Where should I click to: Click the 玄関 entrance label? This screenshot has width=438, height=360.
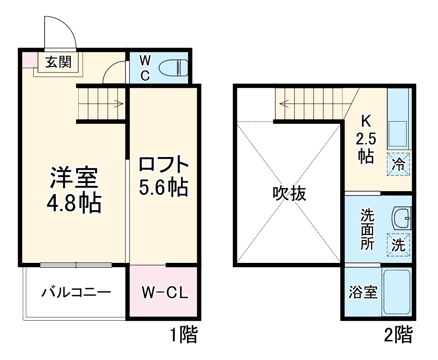pos(58,63)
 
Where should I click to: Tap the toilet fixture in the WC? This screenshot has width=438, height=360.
pos(174,68)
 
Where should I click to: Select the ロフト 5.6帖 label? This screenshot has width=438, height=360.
pos(163,176)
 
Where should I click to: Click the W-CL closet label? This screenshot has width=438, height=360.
pos(164,292)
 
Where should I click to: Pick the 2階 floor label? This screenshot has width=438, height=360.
pos(398,336)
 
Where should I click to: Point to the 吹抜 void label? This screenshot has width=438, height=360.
pos(289,193)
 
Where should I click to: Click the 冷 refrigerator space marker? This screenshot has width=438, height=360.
pos(399,164)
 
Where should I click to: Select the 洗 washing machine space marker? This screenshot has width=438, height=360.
pos(398,245)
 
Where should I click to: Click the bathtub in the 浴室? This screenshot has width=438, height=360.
pos(396,292)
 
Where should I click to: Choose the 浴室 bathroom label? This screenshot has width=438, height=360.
pos(363,292)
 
